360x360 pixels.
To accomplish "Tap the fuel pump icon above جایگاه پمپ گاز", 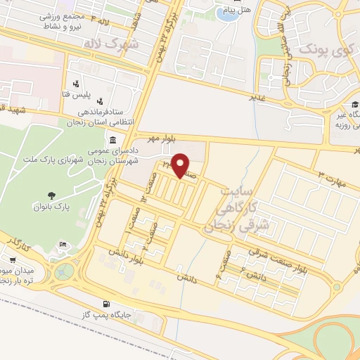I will pos(106,304).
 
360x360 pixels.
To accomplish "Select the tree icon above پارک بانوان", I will pos(51,195).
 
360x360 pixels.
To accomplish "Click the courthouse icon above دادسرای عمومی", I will pos(113,141).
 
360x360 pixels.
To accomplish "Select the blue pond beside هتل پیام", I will pos(226,13).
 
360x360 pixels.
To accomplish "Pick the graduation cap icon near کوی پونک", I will pos(353,105).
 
